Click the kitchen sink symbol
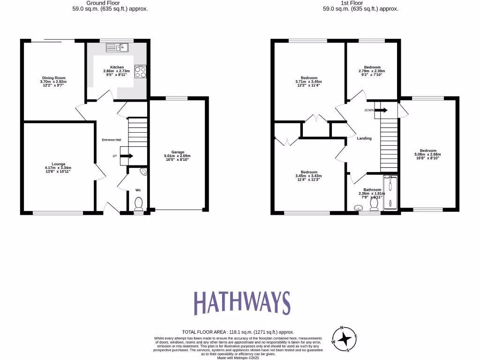point(117,47)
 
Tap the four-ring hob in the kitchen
point(140,71)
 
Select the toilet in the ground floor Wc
point(138,203)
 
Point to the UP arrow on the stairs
point(127,156)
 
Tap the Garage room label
point(177,152)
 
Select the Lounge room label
point(59,164)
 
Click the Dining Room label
point(53,78)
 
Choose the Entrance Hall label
point(112,140)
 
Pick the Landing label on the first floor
point(364,138)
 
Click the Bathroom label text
point(372,190)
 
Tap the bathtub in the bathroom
point(390,192)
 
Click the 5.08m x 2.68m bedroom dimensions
point(427,155)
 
